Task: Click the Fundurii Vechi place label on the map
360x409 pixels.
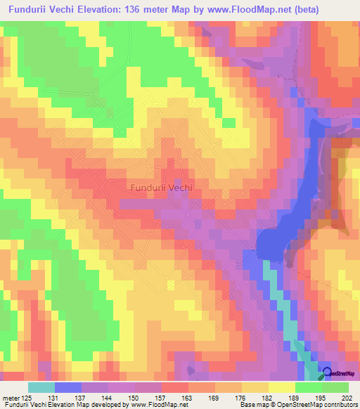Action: (x=162, y=188)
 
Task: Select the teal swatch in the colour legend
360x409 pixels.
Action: (x=41, y=387)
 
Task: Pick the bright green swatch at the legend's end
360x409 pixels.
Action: (x=335, y=387)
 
